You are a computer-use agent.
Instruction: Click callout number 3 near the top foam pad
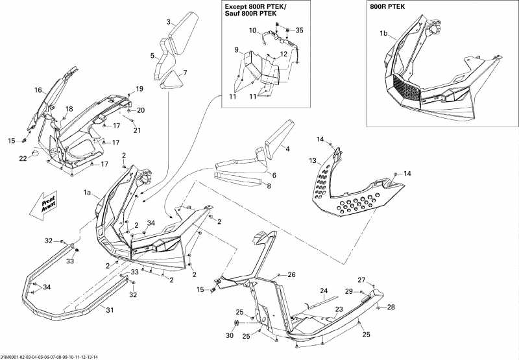click(x=169, y=22)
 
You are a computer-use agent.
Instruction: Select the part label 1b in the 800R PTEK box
click(x=383, y=32)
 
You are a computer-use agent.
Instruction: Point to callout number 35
click(x=298, y=30)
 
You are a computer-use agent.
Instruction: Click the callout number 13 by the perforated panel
click(x=313, y=160)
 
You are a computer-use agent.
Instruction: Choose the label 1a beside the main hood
click(x=88, y=193)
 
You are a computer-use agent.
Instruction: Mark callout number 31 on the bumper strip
click(x=109, y=309)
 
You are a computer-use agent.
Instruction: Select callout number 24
click(x=324, y=291)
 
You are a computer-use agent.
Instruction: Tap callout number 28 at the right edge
click(x=391, y=307)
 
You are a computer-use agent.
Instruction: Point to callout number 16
click(x=38, y=90)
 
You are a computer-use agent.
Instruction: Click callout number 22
click(x=22, y=159)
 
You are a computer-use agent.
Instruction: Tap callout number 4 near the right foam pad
click(x=287, y=149)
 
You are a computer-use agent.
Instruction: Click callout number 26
click(x=292, y=275)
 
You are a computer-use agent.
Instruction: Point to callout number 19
click(x=139, y=88)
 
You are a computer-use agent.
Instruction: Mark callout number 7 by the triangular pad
click(x=185, y=72)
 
